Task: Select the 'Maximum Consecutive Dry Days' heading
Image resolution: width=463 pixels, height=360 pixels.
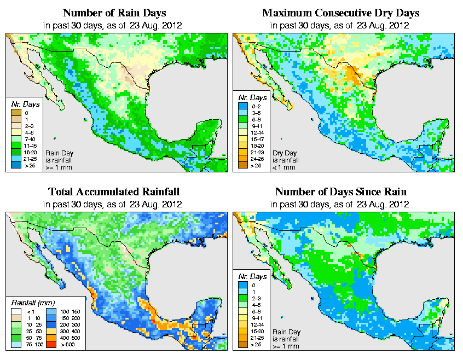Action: pos(341,13)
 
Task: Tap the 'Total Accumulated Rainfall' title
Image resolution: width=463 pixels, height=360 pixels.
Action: pos(114,192)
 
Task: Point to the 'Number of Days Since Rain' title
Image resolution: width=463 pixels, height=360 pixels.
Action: pos(341,192)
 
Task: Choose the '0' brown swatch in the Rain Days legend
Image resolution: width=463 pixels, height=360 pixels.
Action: pos(16,113)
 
